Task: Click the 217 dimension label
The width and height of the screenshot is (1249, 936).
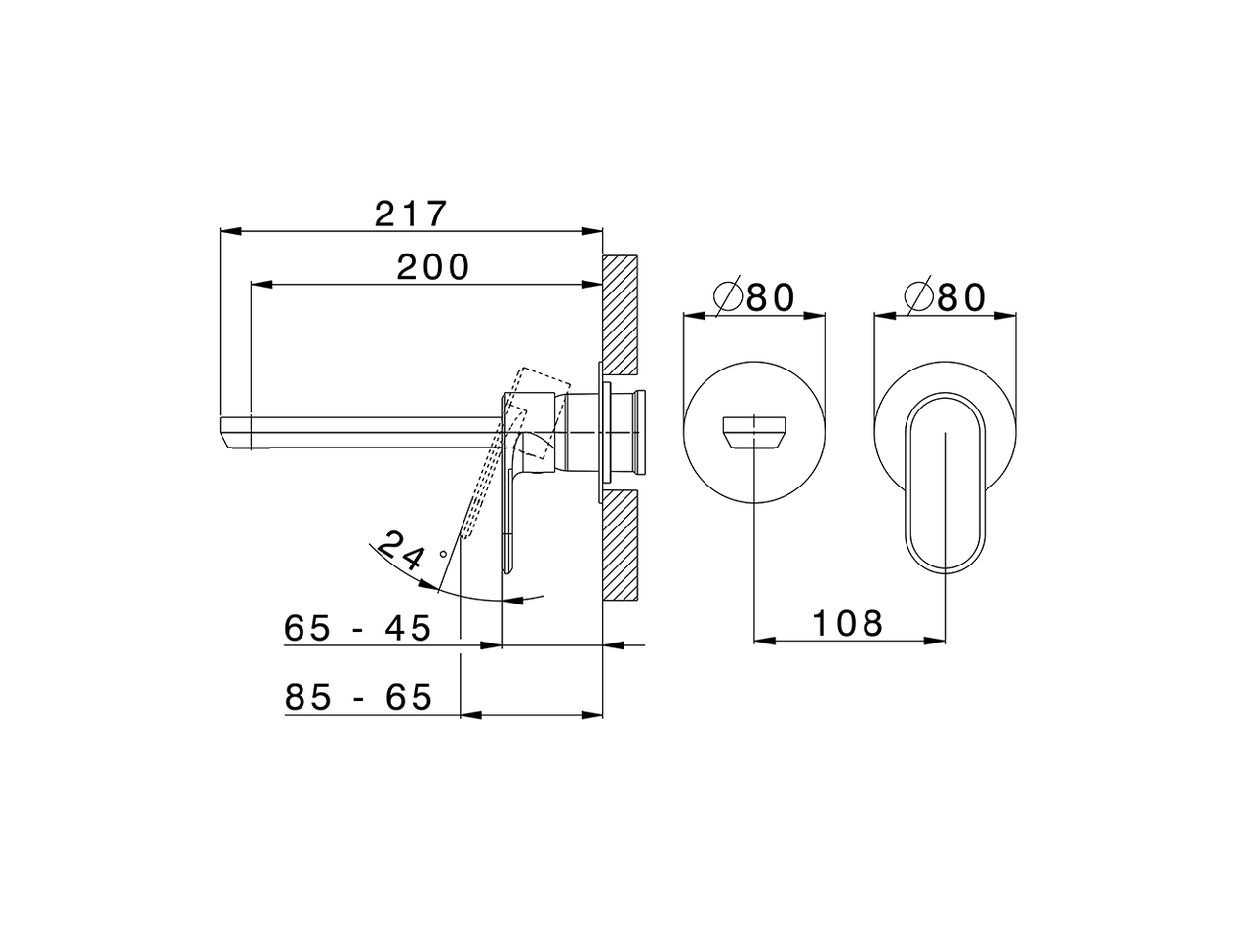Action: [x=410, y=214]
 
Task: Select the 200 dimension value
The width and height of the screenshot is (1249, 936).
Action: [x=432, y=266]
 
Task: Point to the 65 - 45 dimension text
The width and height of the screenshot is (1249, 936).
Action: [x=357, y=629]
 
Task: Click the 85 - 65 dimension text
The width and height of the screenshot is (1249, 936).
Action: [x=358, y=697]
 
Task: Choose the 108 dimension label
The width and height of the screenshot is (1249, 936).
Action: [x=846, y=623]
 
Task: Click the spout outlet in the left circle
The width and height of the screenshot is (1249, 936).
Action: [x=754, y=432]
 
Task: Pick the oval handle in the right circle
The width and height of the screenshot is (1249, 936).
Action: [x=946, y=482]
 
